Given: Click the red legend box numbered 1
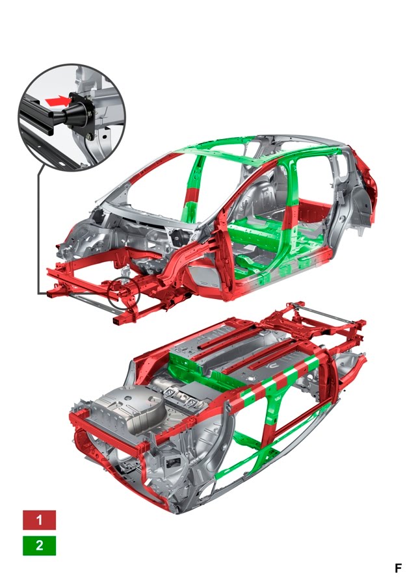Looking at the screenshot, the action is tap(39, 520).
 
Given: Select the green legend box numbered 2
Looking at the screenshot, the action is tap(39, 545).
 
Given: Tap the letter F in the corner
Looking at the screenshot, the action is tap(398, 568).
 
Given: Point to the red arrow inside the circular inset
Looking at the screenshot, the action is tap(58, 100).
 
